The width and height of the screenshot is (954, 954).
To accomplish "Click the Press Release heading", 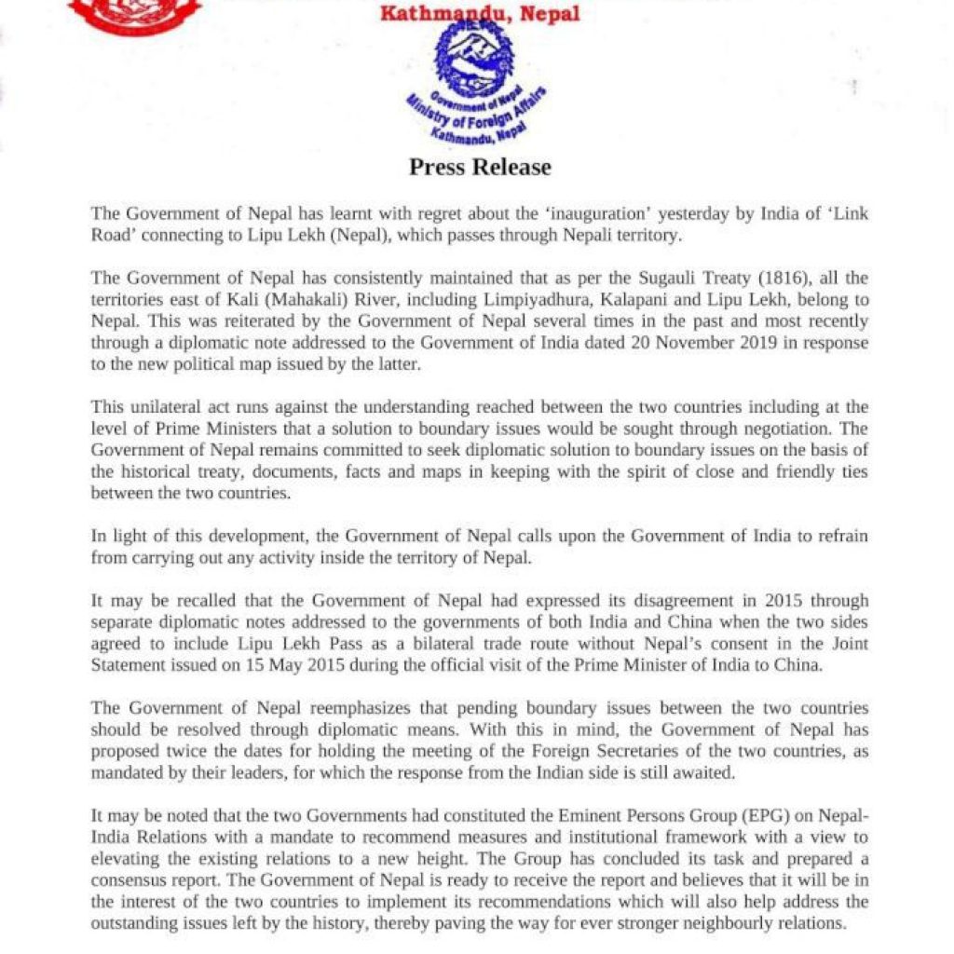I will click(480, 168).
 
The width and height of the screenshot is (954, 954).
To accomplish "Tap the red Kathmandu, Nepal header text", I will click(480, 14).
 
